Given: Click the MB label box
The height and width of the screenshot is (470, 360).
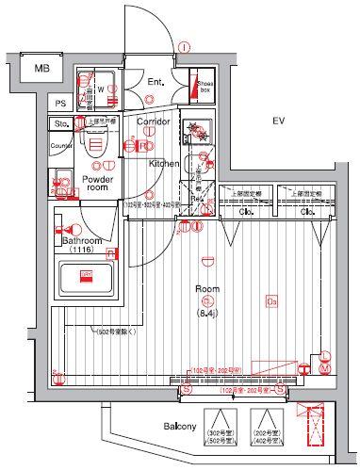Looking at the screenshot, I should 41,68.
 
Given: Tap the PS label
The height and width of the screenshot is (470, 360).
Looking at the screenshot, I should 60,105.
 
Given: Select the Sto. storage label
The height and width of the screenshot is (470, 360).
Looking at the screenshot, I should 62,123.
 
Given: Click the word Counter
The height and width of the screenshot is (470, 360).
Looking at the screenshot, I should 62,146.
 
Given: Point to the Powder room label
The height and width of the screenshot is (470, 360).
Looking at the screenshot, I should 97,183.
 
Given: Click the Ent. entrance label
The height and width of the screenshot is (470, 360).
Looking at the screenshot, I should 155,83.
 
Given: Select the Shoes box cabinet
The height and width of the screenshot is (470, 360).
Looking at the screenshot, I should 201,86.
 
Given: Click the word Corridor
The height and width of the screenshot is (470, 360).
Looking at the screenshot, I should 153,122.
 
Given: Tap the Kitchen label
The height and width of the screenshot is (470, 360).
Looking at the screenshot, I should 164,163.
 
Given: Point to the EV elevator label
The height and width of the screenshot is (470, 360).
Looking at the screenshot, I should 278,122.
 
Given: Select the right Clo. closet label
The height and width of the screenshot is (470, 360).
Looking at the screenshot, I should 306,212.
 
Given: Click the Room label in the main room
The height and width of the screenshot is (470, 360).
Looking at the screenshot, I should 208,291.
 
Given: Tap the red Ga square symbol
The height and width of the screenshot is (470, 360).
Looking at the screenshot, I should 271,301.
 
